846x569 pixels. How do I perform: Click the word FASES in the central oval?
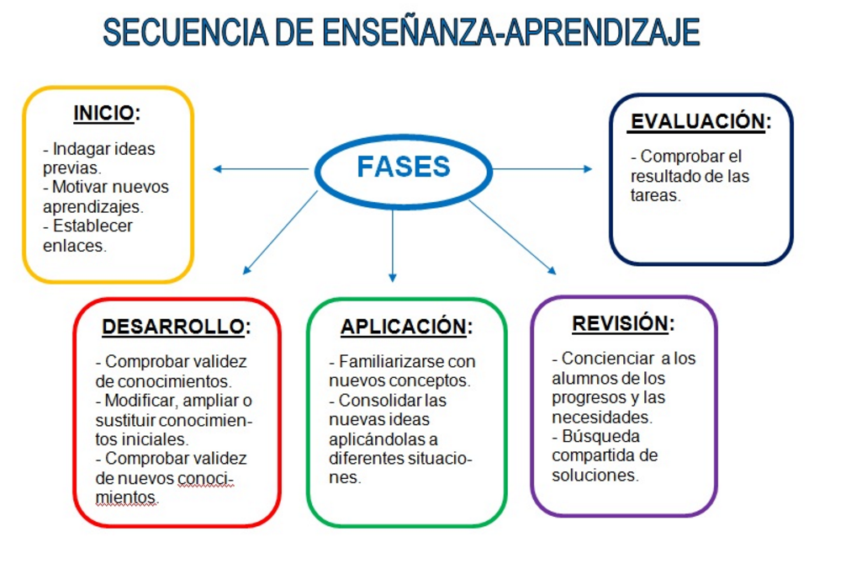pyautogui.click(x=404, y=167)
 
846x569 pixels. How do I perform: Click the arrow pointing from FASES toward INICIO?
pyautogui.click(x=261, y=169)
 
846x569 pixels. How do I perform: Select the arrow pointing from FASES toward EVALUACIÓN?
pyautogui.click(x=542, y=169)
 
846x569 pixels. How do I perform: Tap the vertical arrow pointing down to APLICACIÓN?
pyautogui.click(x=393, y=246)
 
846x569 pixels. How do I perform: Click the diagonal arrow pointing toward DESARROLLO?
pyautogui.click(x=280, y=232)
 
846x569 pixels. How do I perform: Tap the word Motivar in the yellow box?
pyautogui.click(x=82, y=187)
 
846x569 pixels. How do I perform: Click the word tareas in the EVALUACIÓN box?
pyautogui.click(x=656, y=195)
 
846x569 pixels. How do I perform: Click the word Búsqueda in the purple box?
pyautogui.click(x=600, y=436)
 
